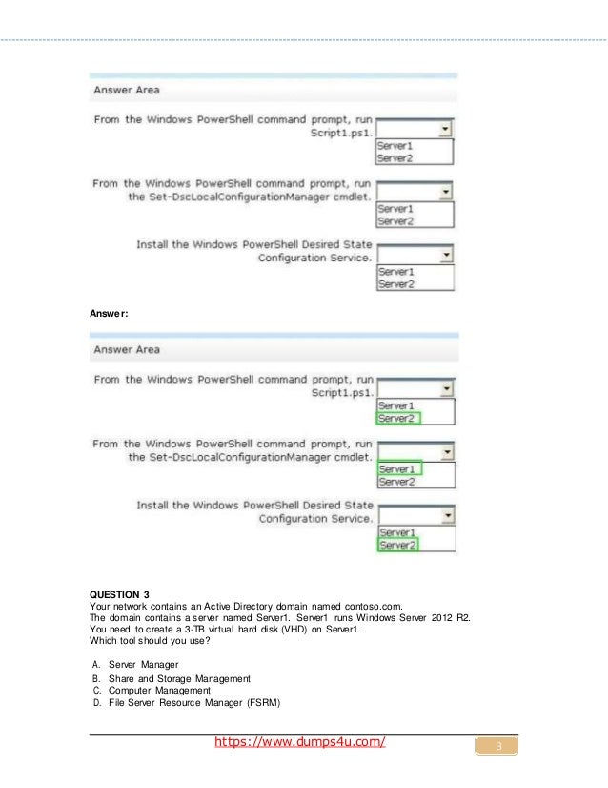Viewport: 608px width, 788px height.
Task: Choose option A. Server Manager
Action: pos(140,664)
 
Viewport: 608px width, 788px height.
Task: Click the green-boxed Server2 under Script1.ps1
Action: pos(398,418)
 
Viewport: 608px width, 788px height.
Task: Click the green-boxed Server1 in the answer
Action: pos(398,469)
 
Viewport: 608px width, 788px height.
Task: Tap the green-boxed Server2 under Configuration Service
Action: pos(398,545)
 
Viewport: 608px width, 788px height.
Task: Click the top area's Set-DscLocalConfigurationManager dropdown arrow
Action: pos(444,192)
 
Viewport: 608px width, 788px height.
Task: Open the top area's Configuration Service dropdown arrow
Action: pos(444,255)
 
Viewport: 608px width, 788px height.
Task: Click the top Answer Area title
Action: pos(126,90)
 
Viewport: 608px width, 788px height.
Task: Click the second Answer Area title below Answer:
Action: pos(126,350)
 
